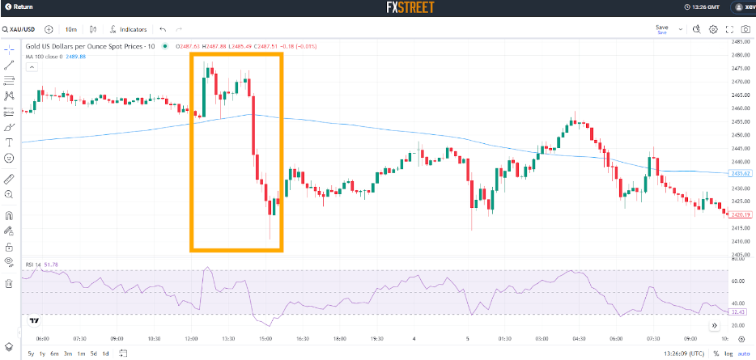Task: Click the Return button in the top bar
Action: (20, 8)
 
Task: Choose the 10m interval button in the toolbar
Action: (71, 29)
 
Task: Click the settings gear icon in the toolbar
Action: (713, 29)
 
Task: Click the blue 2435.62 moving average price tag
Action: (741, 174)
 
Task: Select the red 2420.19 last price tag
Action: (741, 214)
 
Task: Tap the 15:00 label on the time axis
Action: (265, 339)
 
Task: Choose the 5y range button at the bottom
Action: (31, 354)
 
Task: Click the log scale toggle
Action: (728, 354)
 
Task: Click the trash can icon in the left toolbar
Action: (9, 283)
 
